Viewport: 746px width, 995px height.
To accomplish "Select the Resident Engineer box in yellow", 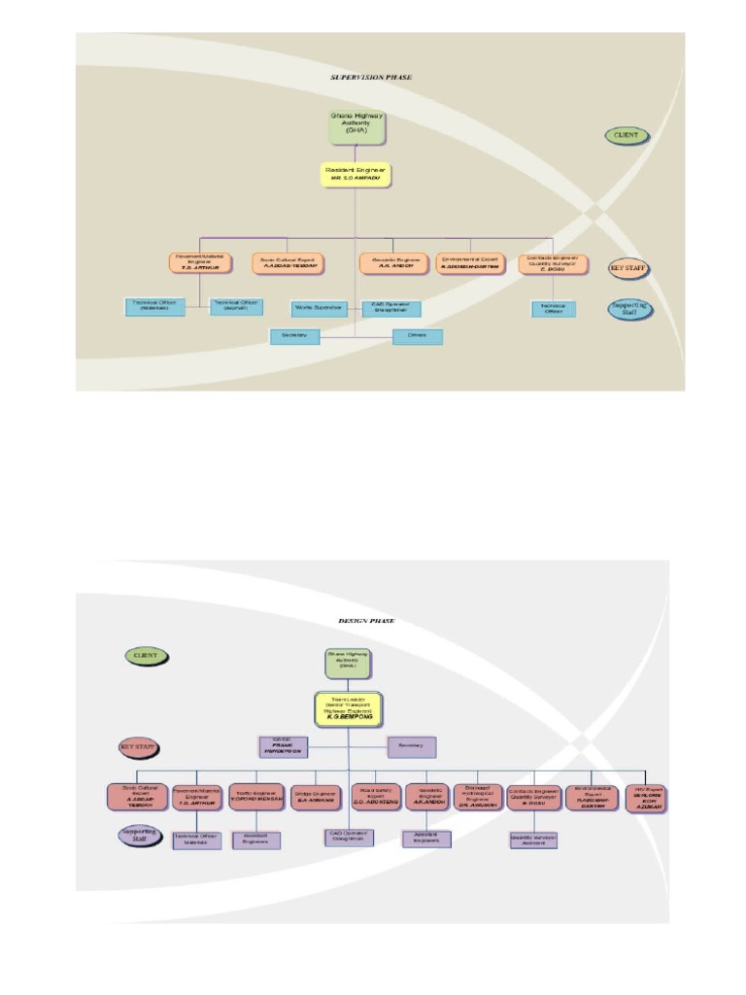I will click(x=356, y=175).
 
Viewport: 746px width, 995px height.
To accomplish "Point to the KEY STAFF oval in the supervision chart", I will click(x=628, y=267).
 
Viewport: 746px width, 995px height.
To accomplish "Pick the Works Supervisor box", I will click(x=319, y=308).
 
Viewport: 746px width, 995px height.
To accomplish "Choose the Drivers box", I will click(x=417, y=336).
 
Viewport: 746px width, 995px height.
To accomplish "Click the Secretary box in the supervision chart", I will click(x=294, y=336).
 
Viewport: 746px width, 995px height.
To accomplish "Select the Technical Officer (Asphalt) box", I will click(x=236, y=306).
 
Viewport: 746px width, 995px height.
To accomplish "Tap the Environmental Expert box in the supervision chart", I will click(x=470, y=263).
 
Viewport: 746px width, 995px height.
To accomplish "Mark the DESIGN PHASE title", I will click(x=366, y=620).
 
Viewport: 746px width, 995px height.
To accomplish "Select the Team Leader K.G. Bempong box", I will click(x=350, y=708).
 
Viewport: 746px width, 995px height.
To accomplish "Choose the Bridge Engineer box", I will click(x=316, y=797).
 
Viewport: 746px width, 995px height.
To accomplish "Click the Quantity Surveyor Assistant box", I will click(x=533, y=838).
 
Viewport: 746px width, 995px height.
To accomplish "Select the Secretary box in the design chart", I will click(x=412, y=746).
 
